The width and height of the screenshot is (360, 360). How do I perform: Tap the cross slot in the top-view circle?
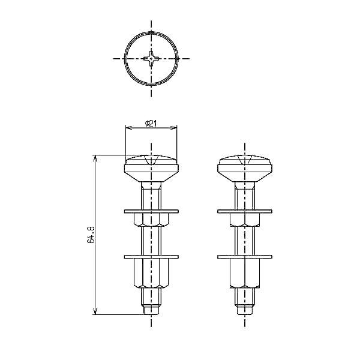[x=151, y=59]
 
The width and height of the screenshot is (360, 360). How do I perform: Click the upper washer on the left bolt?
[x=151, y=211]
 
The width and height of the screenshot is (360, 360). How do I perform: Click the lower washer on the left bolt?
[x=151, y=257]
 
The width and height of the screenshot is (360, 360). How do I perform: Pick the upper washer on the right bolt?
[x=245, y=211]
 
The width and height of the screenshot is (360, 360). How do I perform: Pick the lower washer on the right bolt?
[x=245, y=257]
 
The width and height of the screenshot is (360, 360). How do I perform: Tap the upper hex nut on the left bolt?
[x=151, y=220]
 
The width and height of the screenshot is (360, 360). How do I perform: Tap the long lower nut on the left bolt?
[x=151, y=273]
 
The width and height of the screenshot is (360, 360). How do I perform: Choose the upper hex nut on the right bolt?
[x=245, y=220]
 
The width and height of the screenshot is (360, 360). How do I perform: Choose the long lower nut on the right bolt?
[x=245, y=273]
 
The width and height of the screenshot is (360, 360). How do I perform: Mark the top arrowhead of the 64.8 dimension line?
[x=96, y=158]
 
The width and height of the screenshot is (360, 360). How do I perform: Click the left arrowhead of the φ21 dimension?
[x=127, y=127]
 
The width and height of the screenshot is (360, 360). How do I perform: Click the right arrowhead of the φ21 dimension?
[x=176, y=127]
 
